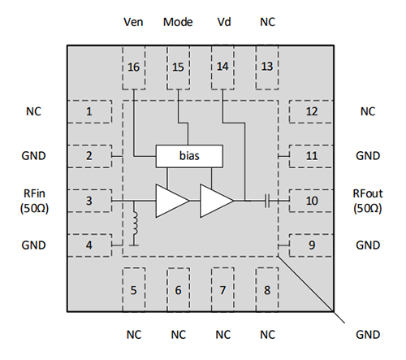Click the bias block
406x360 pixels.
click(x=188, y=155)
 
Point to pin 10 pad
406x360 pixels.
click(x=312, y=200)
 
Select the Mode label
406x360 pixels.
click(x=179, y=21)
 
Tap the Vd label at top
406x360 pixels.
click(x=224, y=21)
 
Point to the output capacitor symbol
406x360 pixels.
click(x=266, y=200)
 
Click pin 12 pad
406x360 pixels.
click(x=312, y=111)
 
